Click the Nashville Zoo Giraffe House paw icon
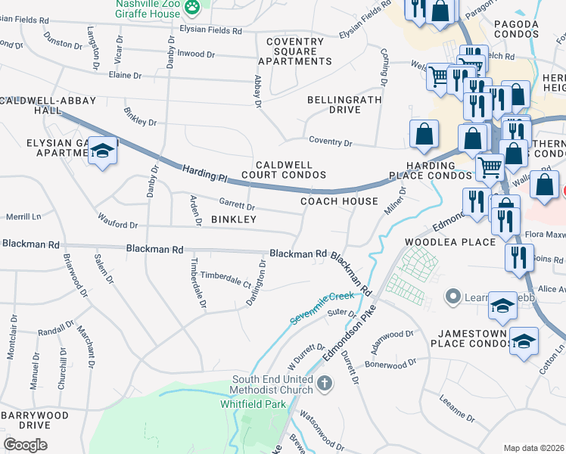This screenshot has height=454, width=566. (194, 7)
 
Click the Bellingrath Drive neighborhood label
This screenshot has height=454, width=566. (334, 104)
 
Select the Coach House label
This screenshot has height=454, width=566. (339, 201)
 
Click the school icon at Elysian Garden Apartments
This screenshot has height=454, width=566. (102, 152)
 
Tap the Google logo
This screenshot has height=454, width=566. (25, 444)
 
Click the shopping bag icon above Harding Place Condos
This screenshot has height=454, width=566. (424, 134)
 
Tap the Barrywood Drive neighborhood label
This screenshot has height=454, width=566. (35, 420)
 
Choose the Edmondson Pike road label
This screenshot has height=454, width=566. (349, 331)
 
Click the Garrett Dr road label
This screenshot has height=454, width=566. (237, 204)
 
